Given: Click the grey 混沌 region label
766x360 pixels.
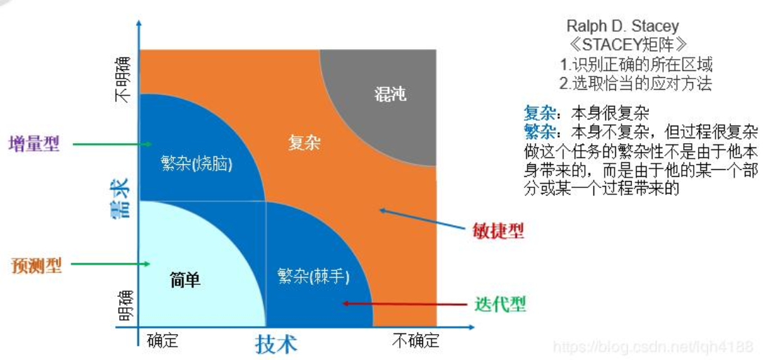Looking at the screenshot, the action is (391, 94).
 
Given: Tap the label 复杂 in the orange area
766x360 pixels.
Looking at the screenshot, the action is (304, 143).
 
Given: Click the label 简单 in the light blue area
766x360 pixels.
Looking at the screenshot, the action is (185, 279).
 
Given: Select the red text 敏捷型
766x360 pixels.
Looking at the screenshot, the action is (499, 231).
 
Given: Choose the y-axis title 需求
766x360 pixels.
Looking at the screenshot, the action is (120, 198).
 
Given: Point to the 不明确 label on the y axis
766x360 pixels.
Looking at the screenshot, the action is (123, 78).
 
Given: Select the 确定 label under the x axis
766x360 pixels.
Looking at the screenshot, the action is (162, 341).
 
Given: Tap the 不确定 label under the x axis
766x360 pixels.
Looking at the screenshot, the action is (415, 341).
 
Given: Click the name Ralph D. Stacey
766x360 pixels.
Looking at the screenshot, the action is (623, 27).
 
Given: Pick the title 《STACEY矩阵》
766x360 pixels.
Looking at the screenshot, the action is (624, 46).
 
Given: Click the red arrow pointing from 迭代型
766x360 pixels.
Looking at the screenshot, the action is (404, 304).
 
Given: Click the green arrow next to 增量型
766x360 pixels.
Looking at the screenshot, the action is (112, 145).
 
